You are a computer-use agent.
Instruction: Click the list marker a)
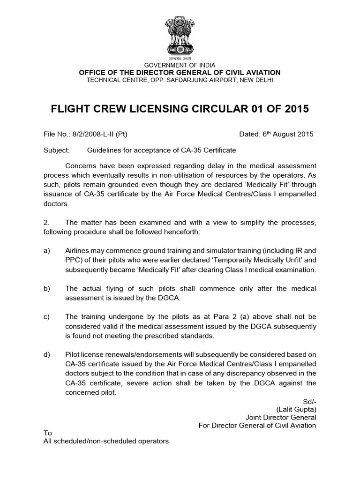47,250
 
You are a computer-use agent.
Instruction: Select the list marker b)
47,288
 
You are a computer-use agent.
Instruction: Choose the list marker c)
47,316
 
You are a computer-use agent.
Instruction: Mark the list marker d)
47,354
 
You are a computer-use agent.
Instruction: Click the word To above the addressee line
47,433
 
